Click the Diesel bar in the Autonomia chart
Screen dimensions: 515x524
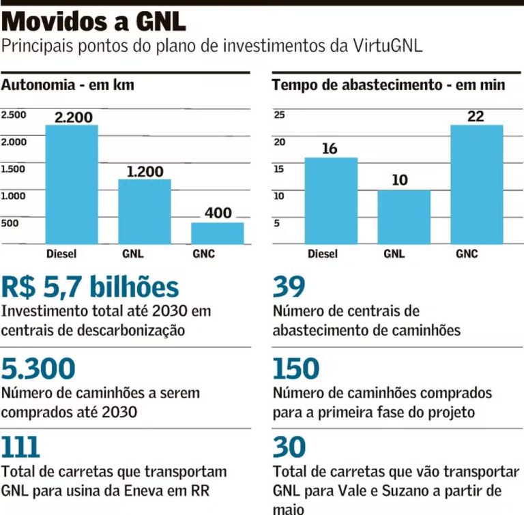point(72,184)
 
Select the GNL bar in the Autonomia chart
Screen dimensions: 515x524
point(145,211)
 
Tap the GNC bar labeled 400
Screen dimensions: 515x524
point(217,233)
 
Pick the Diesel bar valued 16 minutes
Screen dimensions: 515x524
point(330,201)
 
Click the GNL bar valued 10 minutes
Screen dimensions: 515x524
point(404,217)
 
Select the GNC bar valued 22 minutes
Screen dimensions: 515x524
point(476,184)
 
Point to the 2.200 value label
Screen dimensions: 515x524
point(73,117)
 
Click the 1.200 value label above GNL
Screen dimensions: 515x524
point(145,171)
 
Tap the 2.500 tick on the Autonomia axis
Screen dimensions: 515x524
point(14,115)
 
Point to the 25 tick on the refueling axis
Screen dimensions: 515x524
point(279,115)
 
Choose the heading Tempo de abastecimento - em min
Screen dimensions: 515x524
point(388,85)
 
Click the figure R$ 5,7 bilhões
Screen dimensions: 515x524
point(90,287)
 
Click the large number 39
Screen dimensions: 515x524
point(289,287)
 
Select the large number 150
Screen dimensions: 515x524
point(296,369)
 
